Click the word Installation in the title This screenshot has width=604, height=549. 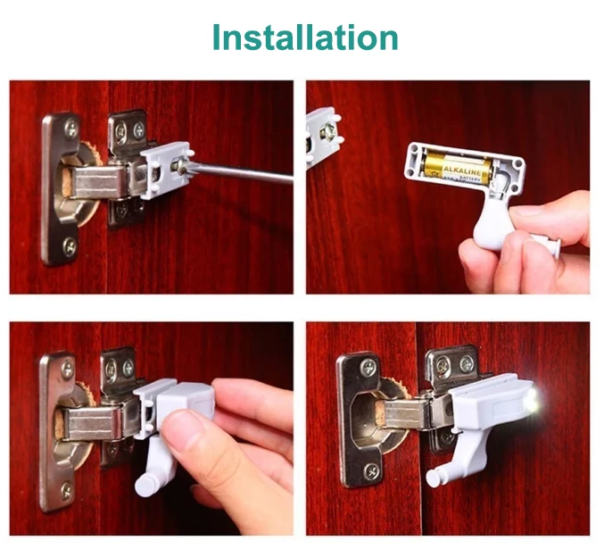click(305, 37)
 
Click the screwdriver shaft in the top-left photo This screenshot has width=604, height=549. click(241, 171)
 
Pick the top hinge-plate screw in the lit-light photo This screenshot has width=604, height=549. click(365, 367)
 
